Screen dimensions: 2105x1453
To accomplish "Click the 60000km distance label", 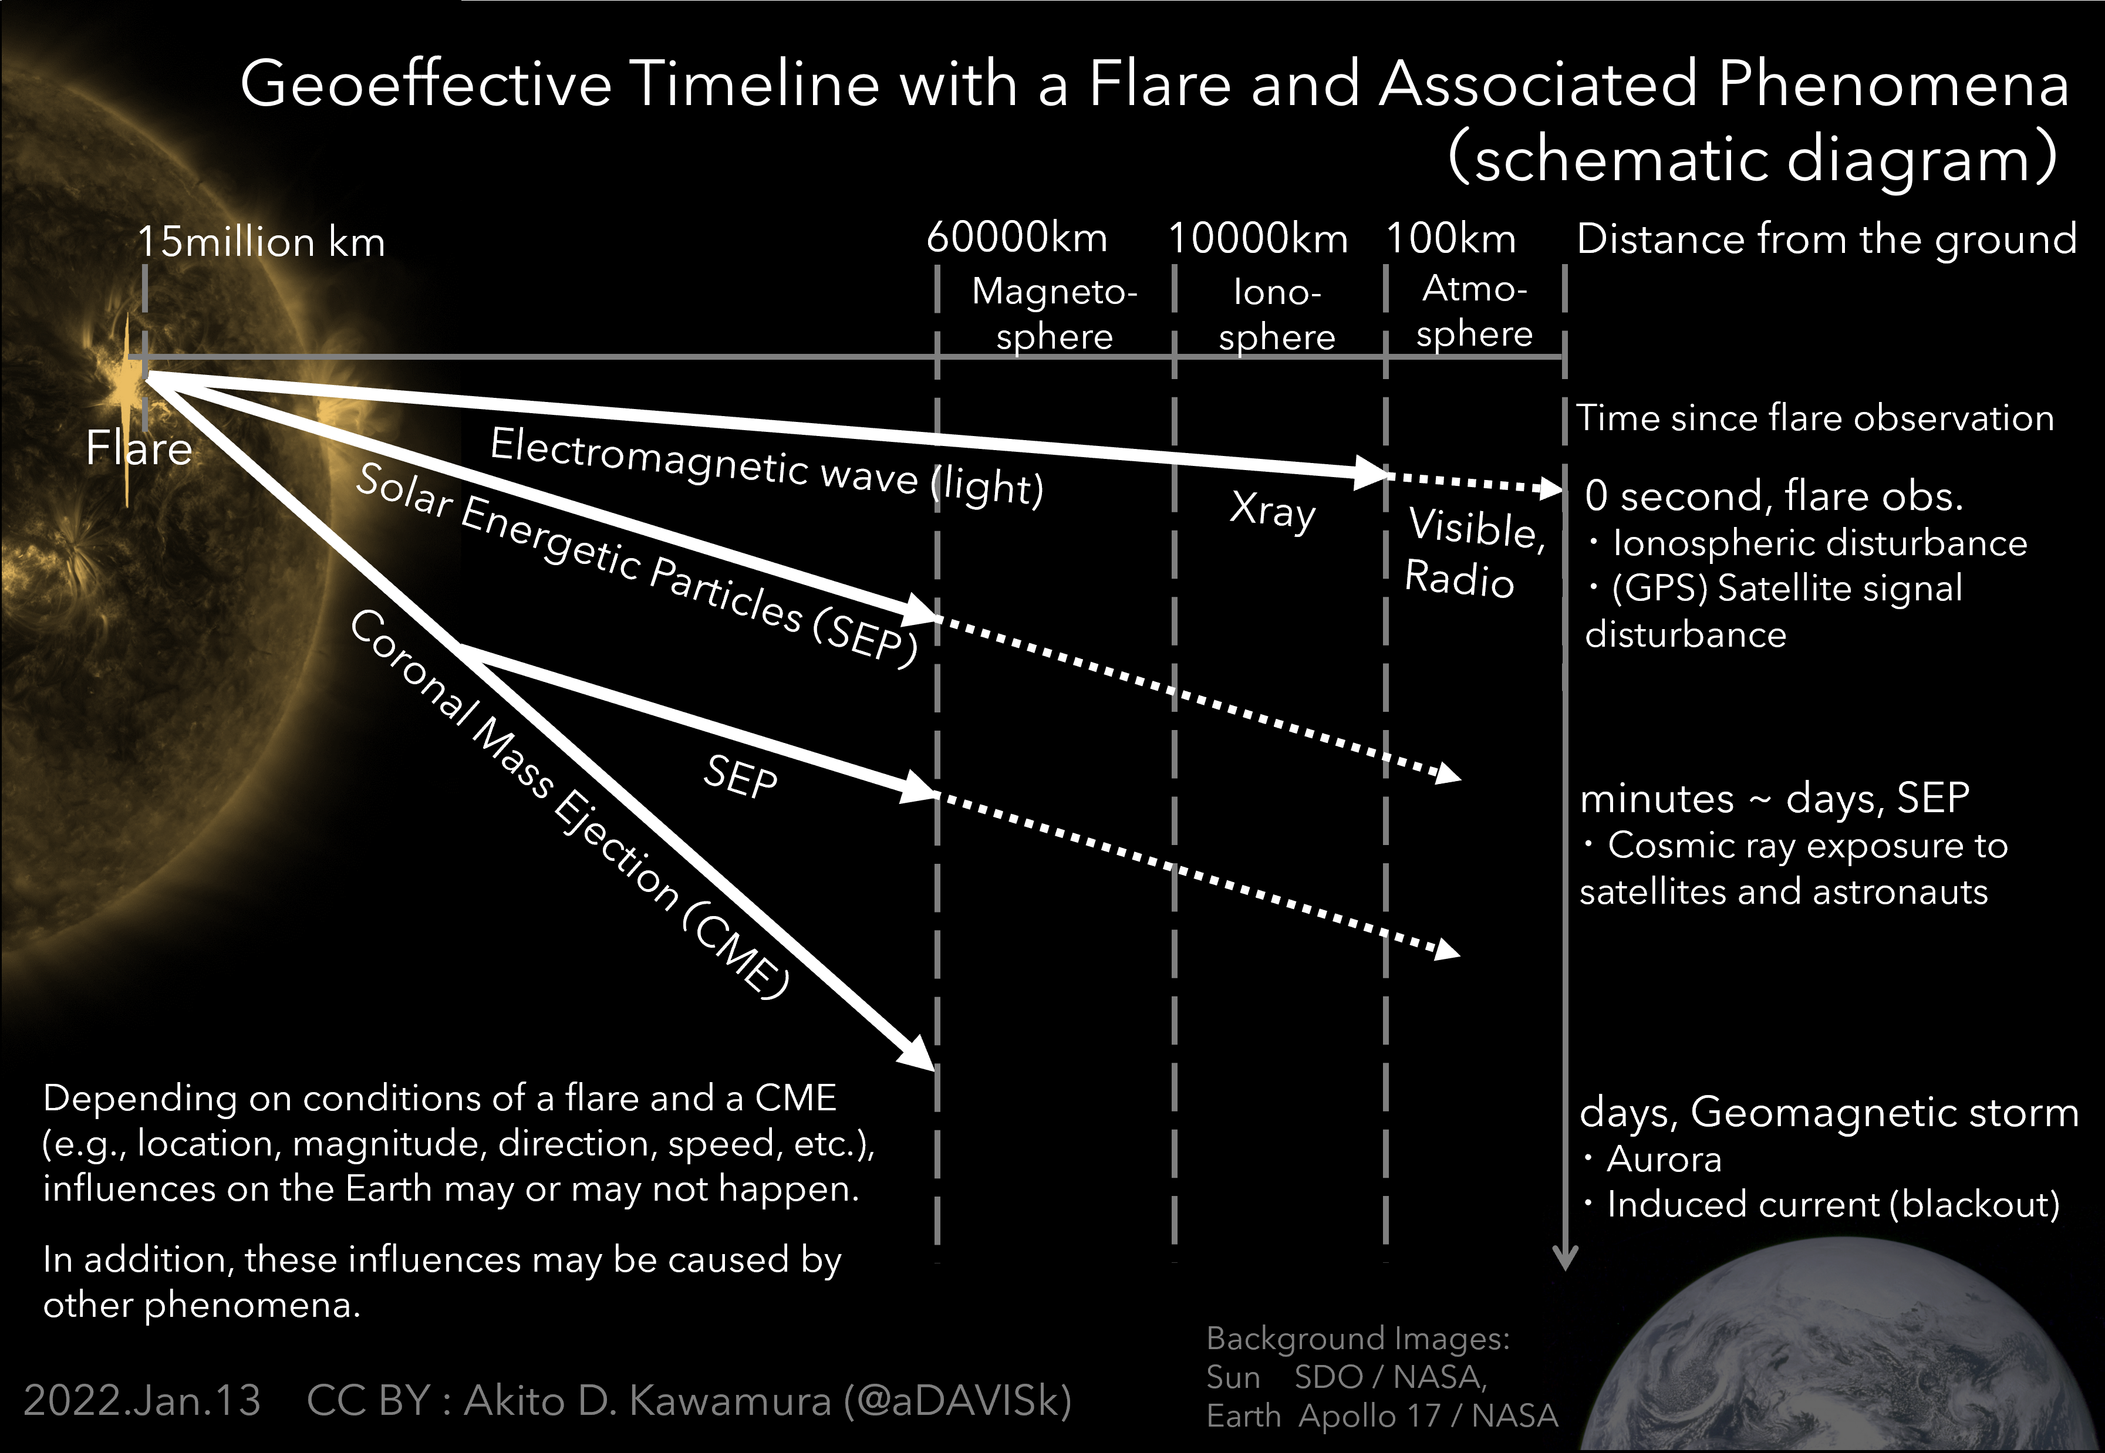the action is click(x=1017, y=238).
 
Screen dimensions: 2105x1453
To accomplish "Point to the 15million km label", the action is click(x=261, y=242).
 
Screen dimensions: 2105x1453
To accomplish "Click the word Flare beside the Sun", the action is click(x=139, y=448).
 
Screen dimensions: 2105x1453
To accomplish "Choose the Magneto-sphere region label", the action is click(x=1054, y=314).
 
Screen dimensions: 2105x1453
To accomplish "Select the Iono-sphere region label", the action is click(x=1277, y=314).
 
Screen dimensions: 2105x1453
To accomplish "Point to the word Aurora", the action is click(x=1664, y=1159).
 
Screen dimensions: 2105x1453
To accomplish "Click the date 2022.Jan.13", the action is click(x=142, y=1400).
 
